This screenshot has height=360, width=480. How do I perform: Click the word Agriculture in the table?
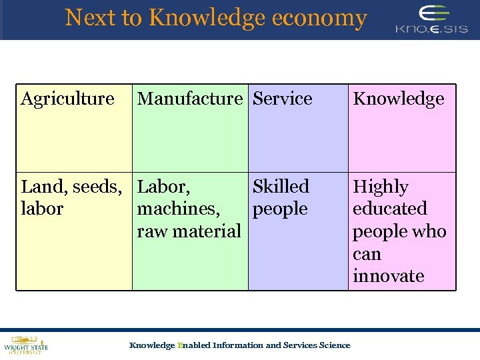67,99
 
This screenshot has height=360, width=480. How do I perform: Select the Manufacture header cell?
189,99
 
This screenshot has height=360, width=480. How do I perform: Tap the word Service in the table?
283,99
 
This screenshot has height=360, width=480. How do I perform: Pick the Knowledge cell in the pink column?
398,99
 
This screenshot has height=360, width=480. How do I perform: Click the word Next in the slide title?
91,17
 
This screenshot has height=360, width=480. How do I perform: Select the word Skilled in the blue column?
281,187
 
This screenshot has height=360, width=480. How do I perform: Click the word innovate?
388,276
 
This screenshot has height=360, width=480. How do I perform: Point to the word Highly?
380,187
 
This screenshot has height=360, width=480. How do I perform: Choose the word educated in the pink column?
389,209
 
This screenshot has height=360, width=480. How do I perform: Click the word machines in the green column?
178,209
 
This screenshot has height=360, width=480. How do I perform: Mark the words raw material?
188,231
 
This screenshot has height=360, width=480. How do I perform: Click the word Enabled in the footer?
193,345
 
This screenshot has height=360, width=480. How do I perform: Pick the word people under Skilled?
280,209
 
